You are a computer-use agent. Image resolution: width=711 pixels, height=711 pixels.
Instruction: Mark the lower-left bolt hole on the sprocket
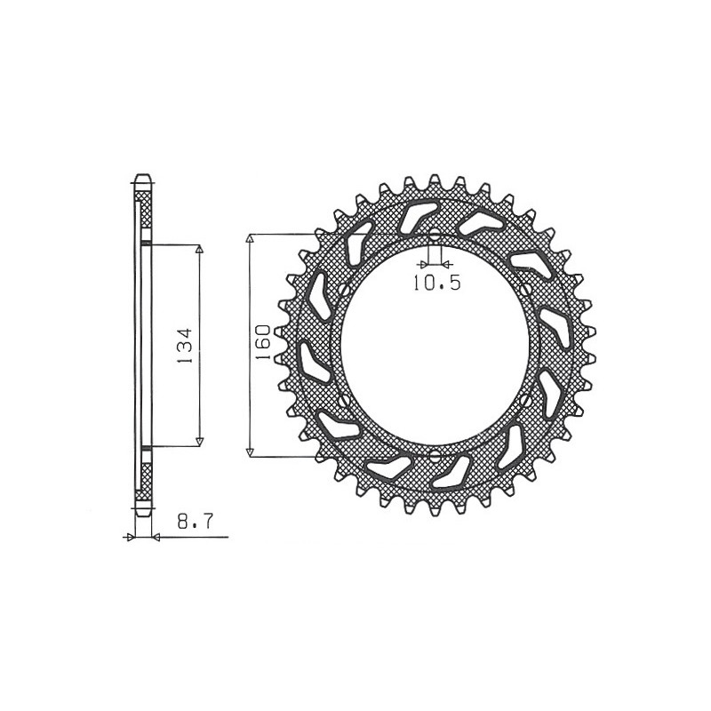342,402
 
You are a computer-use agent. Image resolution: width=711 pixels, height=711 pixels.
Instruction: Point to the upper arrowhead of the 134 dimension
199,250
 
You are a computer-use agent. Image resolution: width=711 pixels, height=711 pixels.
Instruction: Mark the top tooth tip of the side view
142,175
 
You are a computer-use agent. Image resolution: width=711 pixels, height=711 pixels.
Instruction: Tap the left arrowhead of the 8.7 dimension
132,537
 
